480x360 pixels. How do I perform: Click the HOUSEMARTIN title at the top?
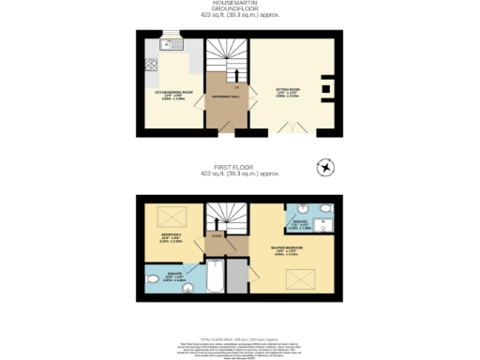tap(240, 4)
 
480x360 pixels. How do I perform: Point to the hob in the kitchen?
tap(150, 67)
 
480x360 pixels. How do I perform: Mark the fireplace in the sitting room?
tap(325, 86)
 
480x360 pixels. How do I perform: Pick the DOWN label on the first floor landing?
tap(217, 236)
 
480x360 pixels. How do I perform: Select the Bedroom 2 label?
tap(171, 238)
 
